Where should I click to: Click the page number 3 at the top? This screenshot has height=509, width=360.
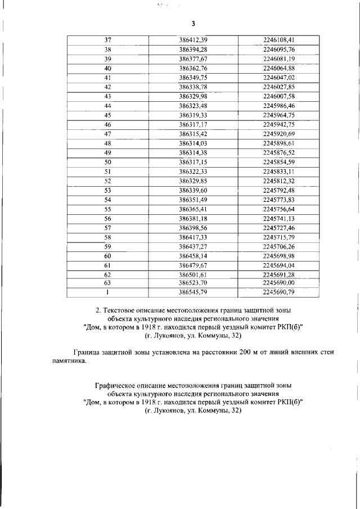193,24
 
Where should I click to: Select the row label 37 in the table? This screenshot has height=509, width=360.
107,40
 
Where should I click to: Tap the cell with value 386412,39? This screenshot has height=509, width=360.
193,40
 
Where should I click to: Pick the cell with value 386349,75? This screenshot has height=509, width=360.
193,78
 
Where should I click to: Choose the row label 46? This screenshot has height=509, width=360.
107,124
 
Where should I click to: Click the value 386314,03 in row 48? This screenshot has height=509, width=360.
193,143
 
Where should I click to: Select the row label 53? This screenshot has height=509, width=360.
107,190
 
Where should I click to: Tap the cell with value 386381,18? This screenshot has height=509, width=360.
193,218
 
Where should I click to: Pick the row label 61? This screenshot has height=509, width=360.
107,265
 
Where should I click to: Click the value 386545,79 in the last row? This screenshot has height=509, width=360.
193,292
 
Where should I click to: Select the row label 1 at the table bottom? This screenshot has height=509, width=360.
107,292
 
